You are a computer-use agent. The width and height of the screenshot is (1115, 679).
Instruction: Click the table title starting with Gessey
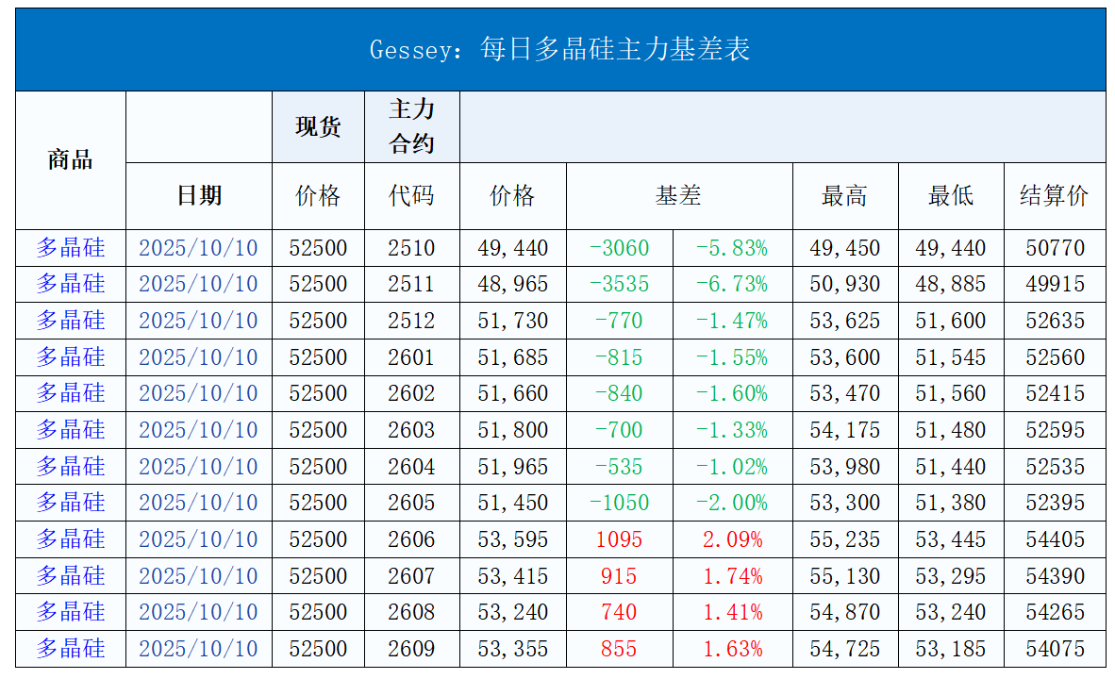tap(559, 49)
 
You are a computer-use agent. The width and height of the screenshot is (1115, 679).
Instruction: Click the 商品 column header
tap(70, 160)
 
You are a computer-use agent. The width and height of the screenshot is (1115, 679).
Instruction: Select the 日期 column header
tap(199, 195)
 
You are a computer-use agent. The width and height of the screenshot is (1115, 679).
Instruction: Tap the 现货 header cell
tap(318, 126)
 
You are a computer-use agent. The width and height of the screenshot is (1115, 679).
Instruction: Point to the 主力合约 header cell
tap(411, 126)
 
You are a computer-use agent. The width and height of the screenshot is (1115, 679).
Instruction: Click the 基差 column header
tap(678, 195)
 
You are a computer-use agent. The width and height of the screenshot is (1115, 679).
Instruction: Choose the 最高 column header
tap(844, 195)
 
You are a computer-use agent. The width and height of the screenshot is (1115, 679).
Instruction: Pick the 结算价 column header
tap(1054, 195)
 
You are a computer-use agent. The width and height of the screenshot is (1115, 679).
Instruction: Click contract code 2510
tap(411, 248)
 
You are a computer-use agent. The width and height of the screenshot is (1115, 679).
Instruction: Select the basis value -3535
tap(619, 284)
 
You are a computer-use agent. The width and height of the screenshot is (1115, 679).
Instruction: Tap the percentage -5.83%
tap(731, 248)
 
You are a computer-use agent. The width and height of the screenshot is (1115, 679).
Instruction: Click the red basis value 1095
tap(619, 539)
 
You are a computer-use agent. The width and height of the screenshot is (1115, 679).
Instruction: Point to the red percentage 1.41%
tap(732, 612)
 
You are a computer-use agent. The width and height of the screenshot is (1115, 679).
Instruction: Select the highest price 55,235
tap(844, 539)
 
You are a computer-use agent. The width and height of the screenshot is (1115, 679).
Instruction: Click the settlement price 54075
tap(1055, 649)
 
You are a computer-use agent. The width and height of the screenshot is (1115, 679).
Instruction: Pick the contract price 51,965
tap(512, 467)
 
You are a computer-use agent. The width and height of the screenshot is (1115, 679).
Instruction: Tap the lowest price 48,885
tap(950, 284)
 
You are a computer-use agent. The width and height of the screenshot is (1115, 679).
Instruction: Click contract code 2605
tap(411, 503)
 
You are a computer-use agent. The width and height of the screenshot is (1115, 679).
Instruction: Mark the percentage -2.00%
tap(731, 503)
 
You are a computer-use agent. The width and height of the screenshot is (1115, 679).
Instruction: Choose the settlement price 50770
tap(1055, 248)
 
